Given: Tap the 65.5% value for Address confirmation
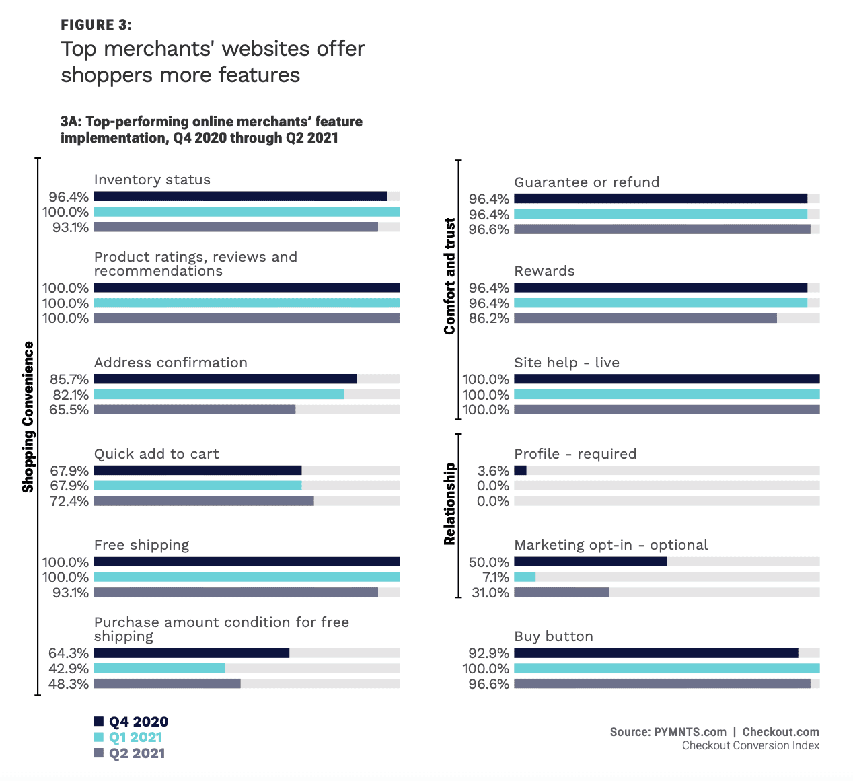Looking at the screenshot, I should (x=70, y=410).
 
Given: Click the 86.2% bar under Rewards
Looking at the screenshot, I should (x=645, y=318).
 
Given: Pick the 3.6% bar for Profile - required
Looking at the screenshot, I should (x=520, y=470).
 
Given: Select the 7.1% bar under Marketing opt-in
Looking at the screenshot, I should (x=525, y=577).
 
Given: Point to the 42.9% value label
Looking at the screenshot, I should (x=69, y=669).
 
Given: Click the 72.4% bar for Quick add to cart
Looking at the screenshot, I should (x=204, y=500).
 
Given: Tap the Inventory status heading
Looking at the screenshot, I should (x=152, y=180).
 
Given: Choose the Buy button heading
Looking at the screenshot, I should (x=554, y=636).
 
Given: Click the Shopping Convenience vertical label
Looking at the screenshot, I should (x=28, y=417).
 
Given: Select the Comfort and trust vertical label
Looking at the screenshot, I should (x=449, y=276).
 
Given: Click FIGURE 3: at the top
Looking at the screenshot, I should (x=96, y=25).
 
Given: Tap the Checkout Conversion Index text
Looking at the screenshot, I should (x=750, y=745).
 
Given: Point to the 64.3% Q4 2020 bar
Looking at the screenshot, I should (x=192, y=653).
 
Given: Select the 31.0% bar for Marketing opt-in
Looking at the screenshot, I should (x=561, y=593).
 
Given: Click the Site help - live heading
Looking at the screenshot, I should (x=566, y=363).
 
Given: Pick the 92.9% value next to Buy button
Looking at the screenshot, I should (x=489, y=653).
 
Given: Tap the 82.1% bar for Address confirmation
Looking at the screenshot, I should (x=219, y=394).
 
